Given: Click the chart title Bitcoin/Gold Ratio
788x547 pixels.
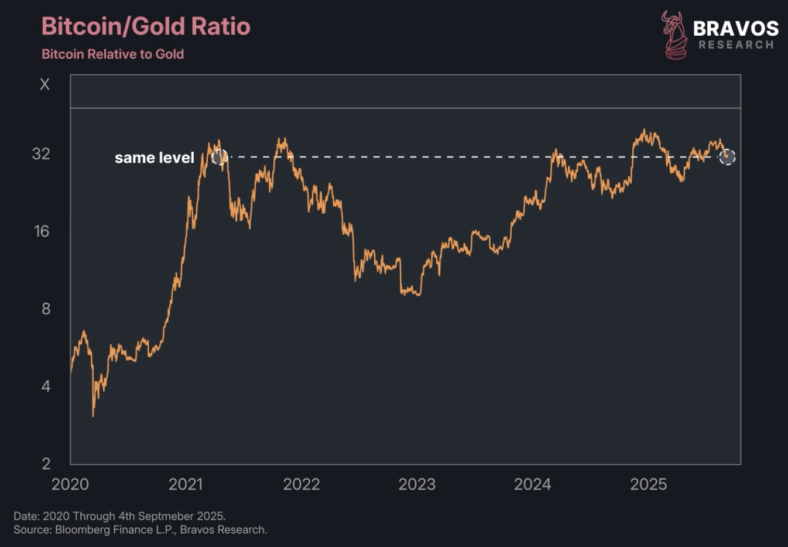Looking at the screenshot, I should (x=146, y=26).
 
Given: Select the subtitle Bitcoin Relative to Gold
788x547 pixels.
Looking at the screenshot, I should (x=112, y=54).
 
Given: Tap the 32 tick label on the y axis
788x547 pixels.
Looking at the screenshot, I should (x=41, y=153).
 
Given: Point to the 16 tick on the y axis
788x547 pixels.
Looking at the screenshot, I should (x=41, y=231).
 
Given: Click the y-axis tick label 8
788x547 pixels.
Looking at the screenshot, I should (x=46, y=309).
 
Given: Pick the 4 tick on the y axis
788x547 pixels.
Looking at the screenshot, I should (x=46, y=386).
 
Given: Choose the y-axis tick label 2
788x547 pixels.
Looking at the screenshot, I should (x=46, y=463).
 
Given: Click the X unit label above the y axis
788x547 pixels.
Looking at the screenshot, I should (x=44, y=84).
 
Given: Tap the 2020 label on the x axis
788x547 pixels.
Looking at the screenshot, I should (x=70, y=484).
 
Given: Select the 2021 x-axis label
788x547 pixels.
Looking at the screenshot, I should (x=186, y=484).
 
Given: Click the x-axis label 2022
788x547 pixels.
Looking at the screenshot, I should (x=302, y=484).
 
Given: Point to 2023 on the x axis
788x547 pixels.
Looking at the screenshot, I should (x=417, y=484).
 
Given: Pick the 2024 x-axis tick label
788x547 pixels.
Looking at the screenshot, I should (x=532, y=484).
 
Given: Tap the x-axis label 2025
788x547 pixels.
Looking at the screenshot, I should (x=648, y=484).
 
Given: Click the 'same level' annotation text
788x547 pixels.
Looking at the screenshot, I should (x=154, y=158).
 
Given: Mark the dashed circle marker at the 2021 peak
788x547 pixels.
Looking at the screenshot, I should (x=220, y=157).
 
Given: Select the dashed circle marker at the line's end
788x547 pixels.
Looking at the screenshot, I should (x=727, y=157).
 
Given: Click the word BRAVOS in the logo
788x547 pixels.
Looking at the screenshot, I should (x=736, y=28).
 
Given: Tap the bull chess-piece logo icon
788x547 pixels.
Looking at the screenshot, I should (x=674, y=35).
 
